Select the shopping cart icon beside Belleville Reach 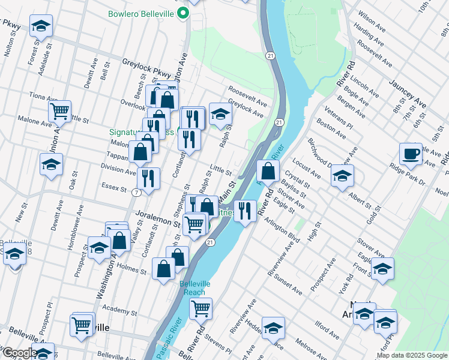click(201, 309)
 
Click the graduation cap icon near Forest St click(41, 26)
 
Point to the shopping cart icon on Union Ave click(59, 111)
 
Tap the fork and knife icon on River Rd click(245, 211)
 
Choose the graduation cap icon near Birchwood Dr click(342, 175)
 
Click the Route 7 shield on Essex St click(137, 193)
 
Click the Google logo click(19, 353)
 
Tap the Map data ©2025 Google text click(411, 355)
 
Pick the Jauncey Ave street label click(407, 94)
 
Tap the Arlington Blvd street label click(282, 229)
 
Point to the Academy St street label click(120, 311)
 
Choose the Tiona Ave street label click(44, 97)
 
